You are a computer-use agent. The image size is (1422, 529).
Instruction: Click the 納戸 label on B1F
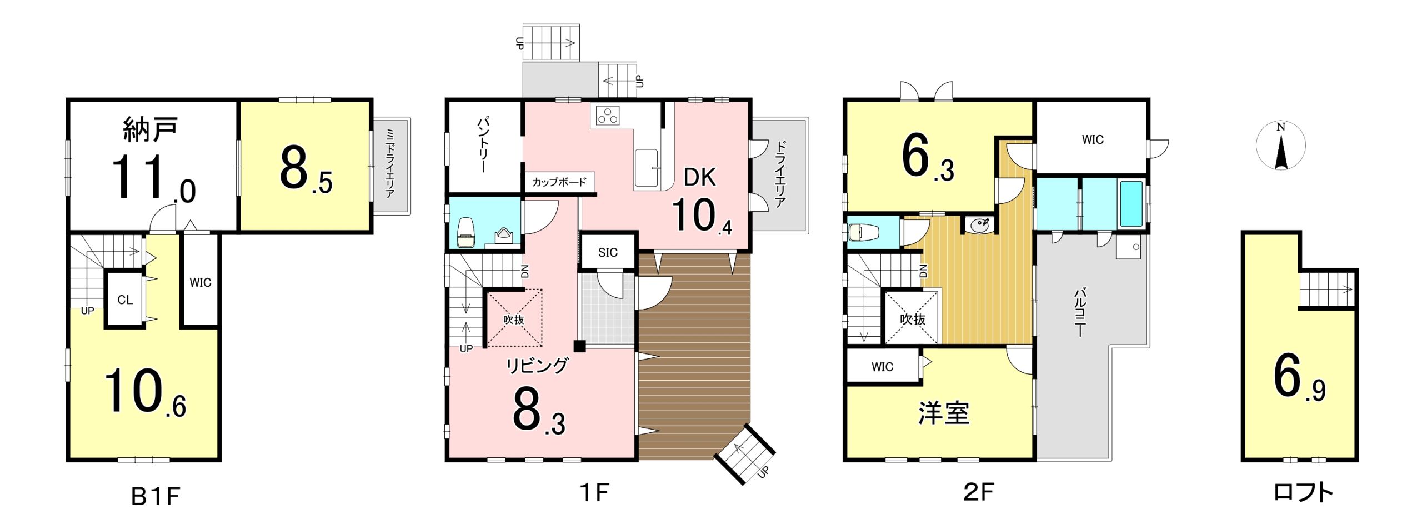pos(150,129)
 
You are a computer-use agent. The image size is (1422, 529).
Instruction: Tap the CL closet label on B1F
pos(125,300)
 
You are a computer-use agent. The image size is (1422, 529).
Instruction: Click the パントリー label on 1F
pos(483,144)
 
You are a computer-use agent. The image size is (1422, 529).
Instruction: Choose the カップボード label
pos(559,182)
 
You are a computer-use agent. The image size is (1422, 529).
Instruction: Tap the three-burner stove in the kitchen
pos(607,116)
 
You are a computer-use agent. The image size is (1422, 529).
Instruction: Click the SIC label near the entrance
pos(608,252)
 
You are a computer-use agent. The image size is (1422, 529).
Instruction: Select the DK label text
pos(699,177)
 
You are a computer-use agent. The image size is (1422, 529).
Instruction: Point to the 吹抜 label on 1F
pos(514,320)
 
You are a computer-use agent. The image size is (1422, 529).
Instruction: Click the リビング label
pos(537,365)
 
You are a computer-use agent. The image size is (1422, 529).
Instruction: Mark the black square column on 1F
pos(579,346)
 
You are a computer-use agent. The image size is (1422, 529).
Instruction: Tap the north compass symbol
pos(1280,146)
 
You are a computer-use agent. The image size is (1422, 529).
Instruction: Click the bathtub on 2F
pos(1131,203)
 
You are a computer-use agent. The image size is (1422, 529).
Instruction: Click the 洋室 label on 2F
pos(944,413)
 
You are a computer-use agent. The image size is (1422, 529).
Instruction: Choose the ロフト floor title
pos(1303,492)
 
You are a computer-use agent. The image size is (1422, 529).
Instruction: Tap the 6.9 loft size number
pos(1299,378)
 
